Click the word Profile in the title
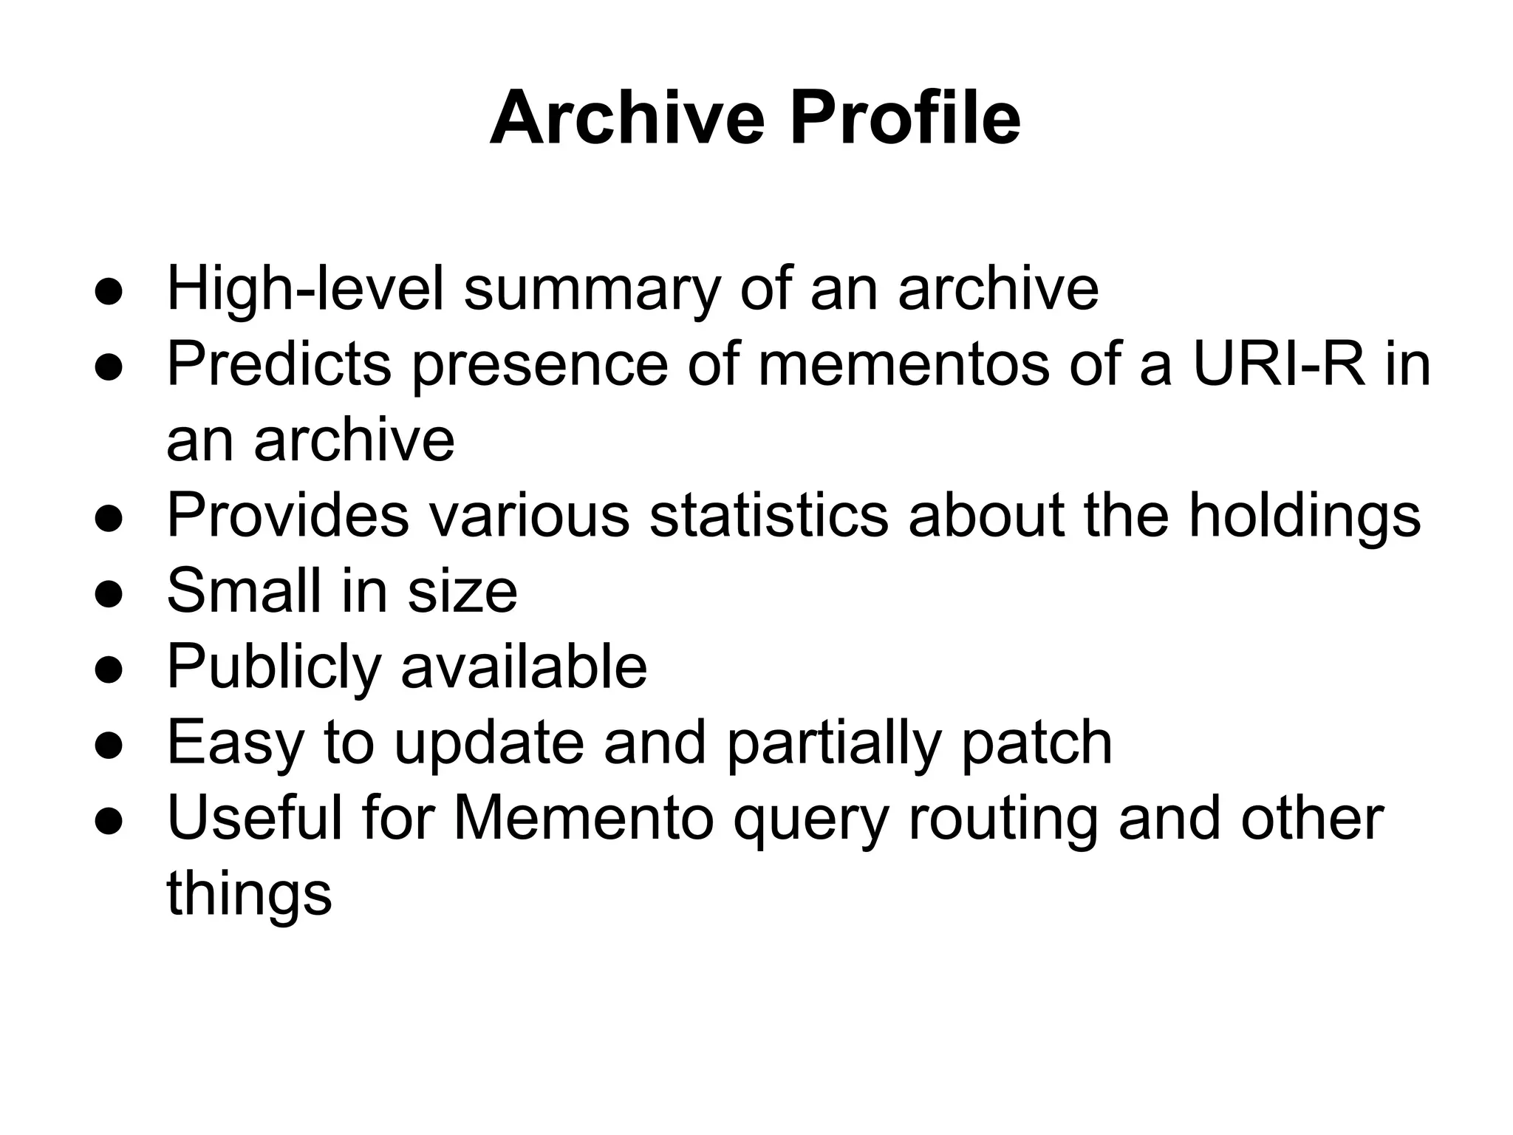905,118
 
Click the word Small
244,591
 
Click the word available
524,667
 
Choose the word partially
833,744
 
